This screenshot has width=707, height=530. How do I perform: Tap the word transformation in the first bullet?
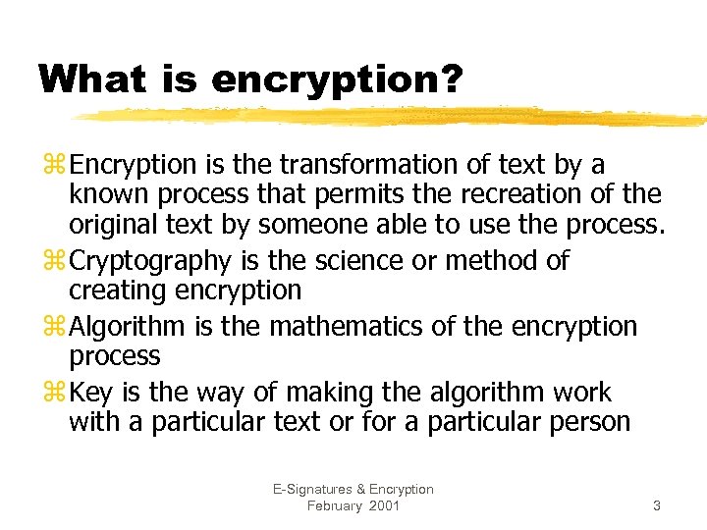coord(367,164)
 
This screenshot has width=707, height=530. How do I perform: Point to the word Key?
coord(92,393)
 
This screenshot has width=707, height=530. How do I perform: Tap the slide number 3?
coord(656,505)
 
